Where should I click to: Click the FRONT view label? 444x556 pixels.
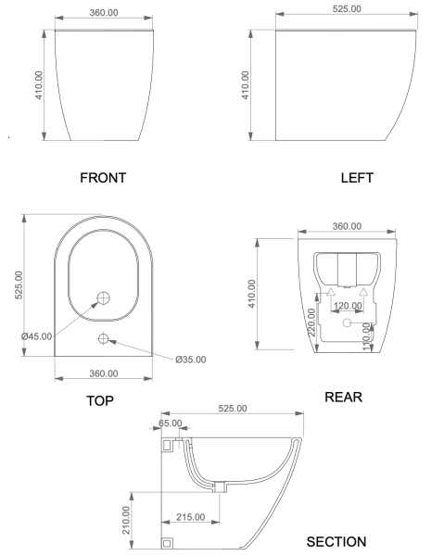[102, 177]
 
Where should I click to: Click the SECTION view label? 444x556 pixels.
[336, 541]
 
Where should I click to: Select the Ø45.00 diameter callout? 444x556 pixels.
[36, 335]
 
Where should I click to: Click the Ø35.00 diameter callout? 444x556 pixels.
[191, 360]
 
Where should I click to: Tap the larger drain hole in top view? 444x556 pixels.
[104, 298]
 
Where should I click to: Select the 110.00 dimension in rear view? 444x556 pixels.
[368, 335]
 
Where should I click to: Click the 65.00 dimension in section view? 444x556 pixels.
[171, 423]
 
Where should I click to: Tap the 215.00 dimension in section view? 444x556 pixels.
[191, 517]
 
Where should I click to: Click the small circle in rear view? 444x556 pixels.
[346, 322]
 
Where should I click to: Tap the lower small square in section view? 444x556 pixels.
[168, 541]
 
